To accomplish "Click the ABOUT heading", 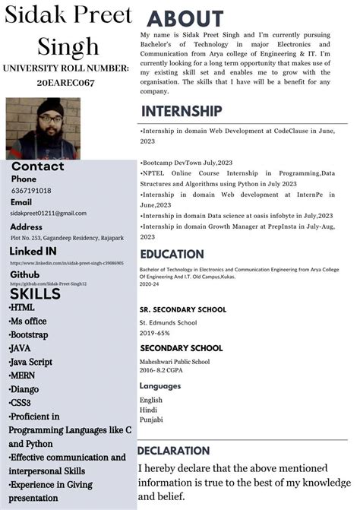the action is [185, 19].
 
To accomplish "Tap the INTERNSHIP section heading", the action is [182, 112].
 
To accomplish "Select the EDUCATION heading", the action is [172, 254].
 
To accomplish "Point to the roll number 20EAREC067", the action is [65, 83].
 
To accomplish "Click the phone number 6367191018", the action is [31, 191].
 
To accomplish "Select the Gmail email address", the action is [49, 214].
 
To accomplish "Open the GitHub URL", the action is [49, 284].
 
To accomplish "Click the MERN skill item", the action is [23, 375].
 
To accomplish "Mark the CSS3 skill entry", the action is [21, 403].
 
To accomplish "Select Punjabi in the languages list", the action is [151, 420].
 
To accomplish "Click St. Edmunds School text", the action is [168, 322].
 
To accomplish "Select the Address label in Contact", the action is [27, 226].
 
